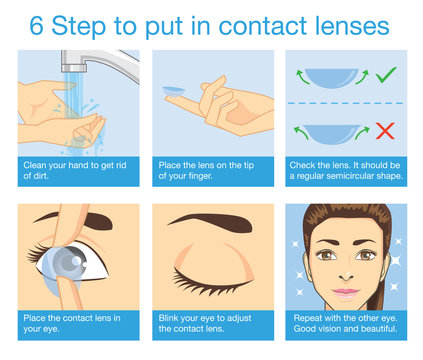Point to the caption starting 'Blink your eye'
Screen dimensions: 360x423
[x=210, y=323]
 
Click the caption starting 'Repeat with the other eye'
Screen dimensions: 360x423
[x=344, y=323]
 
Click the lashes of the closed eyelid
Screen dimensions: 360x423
[x=209, y=278]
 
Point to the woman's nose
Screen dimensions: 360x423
[x=344, y=272]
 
